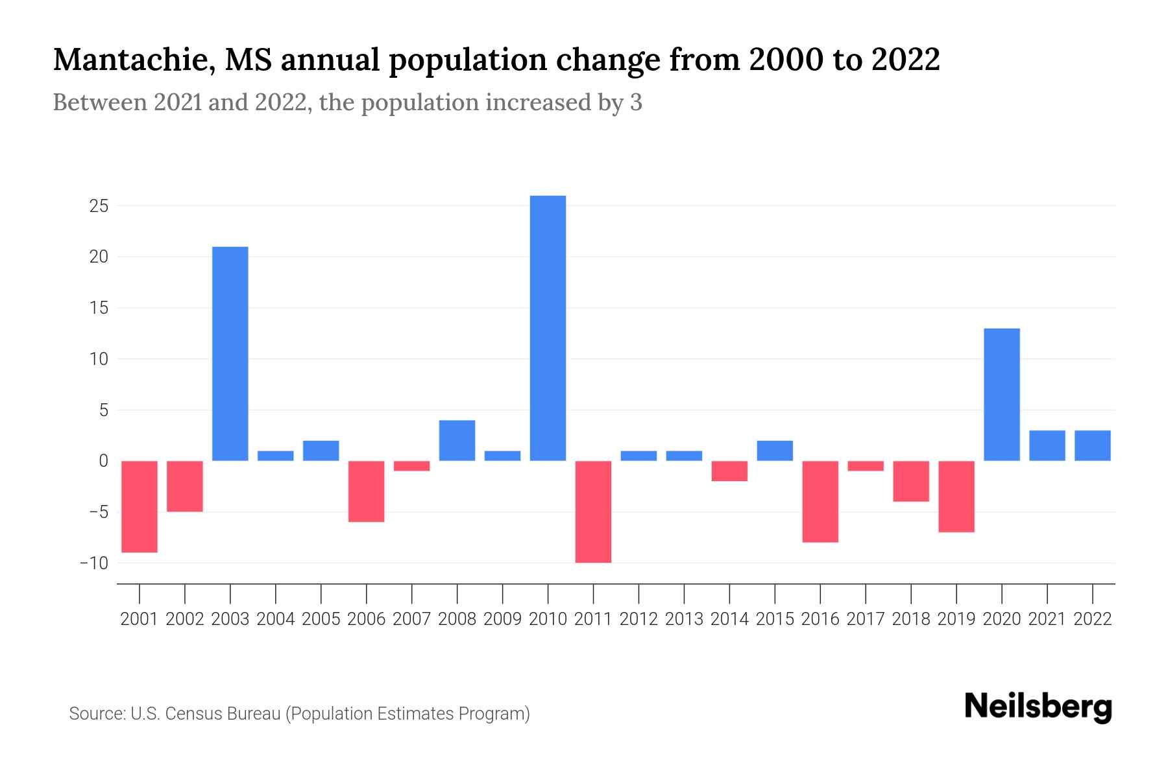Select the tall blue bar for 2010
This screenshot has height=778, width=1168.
coord(548,328)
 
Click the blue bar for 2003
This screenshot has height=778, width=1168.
coord(230,353)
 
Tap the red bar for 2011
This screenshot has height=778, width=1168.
coord(593,512)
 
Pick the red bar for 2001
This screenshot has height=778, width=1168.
coord(140,506)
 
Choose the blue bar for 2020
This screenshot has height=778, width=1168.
coord(1002,394)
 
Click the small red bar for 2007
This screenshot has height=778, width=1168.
coord(411,466)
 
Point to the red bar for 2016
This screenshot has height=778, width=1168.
coord(820,501)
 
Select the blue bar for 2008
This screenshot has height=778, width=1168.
coord(457,440)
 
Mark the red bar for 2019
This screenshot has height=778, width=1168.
coord(956,496)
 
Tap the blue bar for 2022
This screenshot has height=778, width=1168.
coord(1093,445)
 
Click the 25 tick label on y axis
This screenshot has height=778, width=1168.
coord(99,206)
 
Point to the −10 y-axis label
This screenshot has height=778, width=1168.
coord(93,563)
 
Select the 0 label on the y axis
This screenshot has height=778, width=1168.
coord(103,461)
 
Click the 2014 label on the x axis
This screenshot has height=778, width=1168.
coord(729,619)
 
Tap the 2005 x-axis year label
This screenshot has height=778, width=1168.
coord(321,619)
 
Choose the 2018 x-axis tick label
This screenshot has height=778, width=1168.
coord(911,619)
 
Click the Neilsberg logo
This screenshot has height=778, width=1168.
coord(1038,707)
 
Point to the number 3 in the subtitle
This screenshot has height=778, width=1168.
coord(636,102)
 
